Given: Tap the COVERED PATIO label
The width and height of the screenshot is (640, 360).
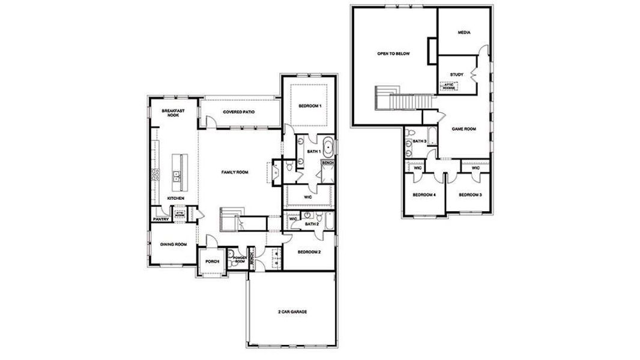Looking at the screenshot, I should coord(240,112).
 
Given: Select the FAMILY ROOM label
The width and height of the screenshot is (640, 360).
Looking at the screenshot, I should coord(235,172).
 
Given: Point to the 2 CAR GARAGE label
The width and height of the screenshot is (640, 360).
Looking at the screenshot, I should coord(290,311).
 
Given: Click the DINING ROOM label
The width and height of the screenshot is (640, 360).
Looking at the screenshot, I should coord(173,244).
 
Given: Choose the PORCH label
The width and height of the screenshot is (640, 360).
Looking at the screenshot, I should coord(211,262).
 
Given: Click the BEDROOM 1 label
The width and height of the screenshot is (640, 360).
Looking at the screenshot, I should coord(310,106).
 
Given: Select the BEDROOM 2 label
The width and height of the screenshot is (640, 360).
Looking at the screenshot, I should coord(309,252).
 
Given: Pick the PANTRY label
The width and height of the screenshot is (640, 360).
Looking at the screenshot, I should coord(160,220).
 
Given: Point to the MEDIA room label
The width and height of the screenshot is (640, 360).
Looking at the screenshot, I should coord(463,32).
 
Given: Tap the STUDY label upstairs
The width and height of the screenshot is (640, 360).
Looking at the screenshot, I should coord(457,74).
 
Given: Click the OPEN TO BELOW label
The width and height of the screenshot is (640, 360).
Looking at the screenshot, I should coord(393,53).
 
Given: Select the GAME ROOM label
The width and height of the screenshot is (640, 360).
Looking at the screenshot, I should coord(463,128).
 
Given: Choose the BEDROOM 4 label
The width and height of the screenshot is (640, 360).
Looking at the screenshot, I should coord(424,195).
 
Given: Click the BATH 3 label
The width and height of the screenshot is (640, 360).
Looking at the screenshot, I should coord(419,142).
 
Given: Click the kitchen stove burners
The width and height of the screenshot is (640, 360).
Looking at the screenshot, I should coord(155,175).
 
